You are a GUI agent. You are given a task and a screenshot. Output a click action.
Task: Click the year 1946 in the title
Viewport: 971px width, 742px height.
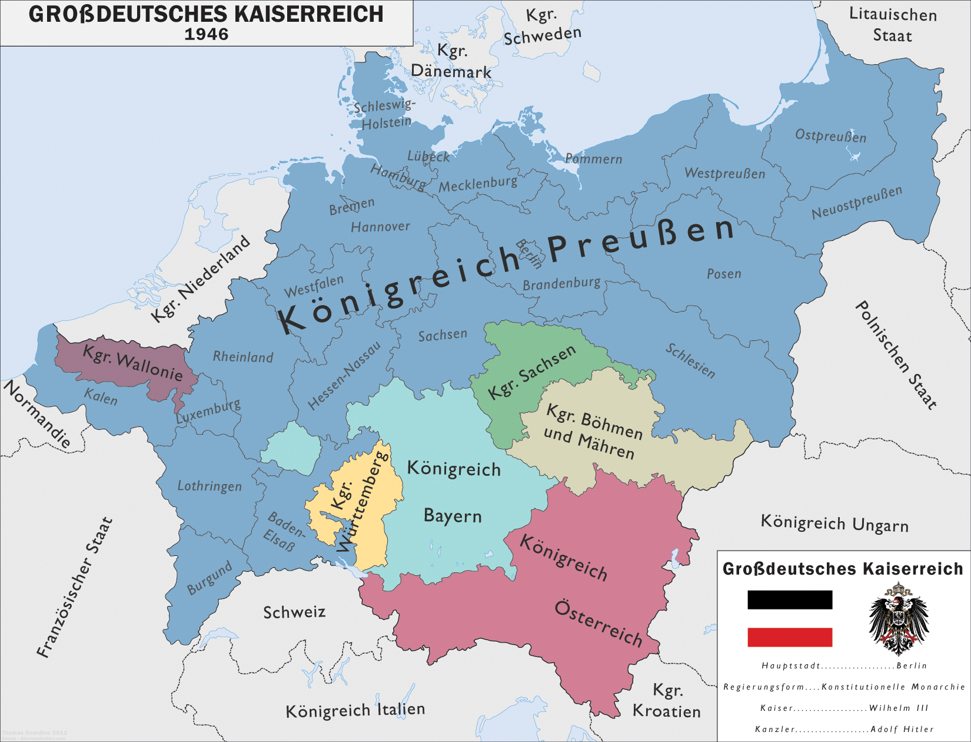[x=206, y=34]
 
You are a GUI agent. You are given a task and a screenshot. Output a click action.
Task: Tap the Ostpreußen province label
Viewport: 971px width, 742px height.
[x=830, y=135]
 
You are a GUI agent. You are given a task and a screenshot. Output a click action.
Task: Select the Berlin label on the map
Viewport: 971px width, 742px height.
[x=528, y=253]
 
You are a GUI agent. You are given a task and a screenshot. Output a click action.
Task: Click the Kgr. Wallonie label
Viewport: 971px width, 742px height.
[x=132, y=363]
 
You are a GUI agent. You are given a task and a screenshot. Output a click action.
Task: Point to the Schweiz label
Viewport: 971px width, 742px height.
[x=294, y=612]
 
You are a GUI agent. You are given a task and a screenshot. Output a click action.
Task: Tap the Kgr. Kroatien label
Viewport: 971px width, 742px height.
[x=667, y=701]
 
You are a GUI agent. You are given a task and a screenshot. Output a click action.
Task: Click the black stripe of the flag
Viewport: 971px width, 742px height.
[x=790, y=599]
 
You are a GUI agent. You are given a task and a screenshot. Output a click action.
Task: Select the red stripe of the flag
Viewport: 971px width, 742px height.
[x=790, y=637]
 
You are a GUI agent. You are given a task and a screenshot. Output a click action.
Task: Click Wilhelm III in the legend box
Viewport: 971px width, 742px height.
[x=899, y=708]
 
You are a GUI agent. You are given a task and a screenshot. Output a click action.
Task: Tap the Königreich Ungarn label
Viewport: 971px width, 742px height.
[x=834, y=523]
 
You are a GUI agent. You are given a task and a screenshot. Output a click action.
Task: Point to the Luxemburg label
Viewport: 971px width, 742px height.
[x=208, y=411]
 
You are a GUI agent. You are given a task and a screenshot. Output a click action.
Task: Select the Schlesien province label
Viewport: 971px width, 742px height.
[x=690, y=360]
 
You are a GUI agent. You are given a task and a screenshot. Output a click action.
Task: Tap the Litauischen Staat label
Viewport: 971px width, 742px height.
[x=893, y=25]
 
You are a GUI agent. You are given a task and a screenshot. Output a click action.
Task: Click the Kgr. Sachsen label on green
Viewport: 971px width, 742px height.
[x=531, y=372]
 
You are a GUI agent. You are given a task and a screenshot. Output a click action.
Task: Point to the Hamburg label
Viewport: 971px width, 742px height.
[x=398, y=177]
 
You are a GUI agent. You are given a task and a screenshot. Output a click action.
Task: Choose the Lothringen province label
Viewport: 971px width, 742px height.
[x=210, y=486]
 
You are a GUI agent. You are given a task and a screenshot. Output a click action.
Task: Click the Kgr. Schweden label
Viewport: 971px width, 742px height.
[x=542, y=26]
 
